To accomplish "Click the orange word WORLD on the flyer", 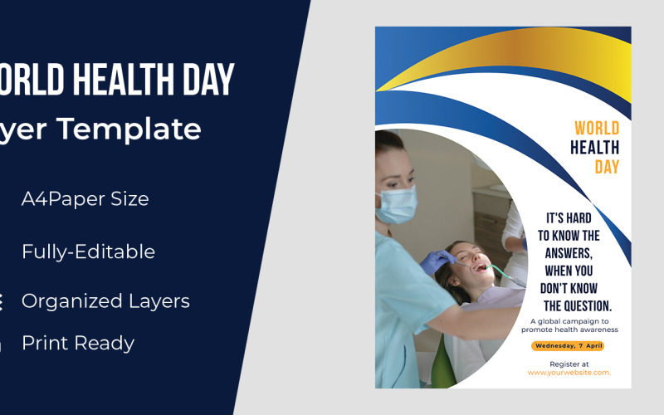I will point(597,128).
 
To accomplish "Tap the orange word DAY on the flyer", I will point(607,167).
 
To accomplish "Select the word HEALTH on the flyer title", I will point(594,148).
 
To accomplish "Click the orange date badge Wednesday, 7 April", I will point(569,345).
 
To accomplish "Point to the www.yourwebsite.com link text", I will point(569,373).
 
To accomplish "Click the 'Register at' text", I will point(569,364).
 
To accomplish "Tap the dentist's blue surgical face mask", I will point(396,204).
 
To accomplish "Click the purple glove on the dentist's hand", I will point(435,262).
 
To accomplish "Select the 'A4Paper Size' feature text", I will point(85,199).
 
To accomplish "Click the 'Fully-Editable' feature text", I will point(88,251).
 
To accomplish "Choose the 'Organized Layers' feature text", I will point(105,301).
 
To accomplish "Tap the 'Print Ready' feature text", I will point(78,343).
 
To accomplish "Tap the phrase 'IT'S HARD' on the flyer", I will point(569,218).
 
